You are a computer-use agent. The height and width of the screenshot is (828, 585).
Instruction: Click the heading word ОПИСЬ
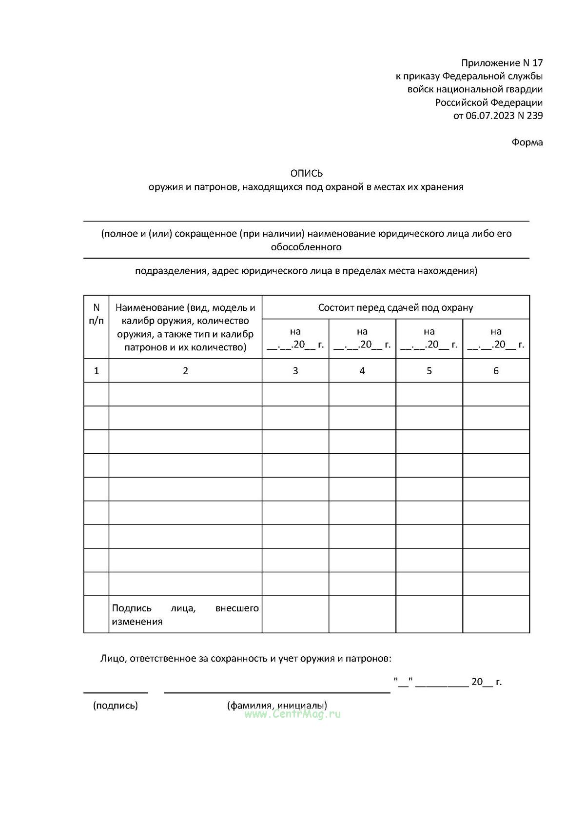[306, 173]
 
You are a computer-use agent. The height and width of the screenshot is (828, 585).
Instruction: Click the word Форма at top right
[527, 142]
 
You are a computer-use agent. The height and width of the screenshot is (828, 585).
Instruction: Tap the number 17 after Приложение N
[537, 63]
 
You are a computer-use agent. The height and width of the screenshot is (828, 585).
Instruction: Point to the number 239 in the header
[535, 116]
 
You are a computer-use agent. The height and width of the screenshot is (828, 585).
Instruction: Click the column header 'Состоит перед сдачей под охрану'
[395, 307]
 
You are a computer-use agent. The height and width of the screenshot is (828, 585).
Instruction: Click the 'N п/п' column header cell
[96, 314]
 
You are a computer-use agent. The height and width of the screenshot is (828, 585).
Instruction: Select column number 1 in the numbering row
[96, 371]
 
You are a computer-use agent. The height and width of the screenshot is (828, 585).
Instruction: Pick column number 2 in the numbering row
[185, 371]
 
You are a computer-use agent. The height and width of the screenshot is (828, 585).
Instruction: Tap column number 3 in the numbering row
[295, 371]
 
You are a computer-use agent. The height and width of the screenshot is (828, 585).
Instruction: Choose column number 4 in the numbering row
[362, 371]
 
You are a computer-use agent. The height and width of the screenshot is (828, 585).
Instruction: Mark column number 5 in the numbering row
[429, 371]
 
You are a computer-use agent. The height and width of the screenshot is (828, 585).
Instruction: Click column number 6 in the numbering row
[496, 371]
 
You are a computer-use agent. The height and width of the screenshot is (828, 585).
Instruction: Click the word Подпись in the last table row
[132, 608]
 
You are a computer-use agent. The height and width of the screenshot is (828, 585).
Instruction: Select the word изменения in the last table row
[137, 622]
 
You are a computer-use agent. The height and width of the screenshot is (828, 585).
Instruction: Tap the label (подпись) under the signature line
[116, 705]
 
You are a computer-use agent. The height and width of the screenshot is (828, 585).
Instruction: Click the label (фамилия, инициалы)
[277, 705]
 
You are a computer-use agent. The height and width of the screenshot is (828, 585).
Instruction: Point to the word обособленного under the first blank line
[306, 247]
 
